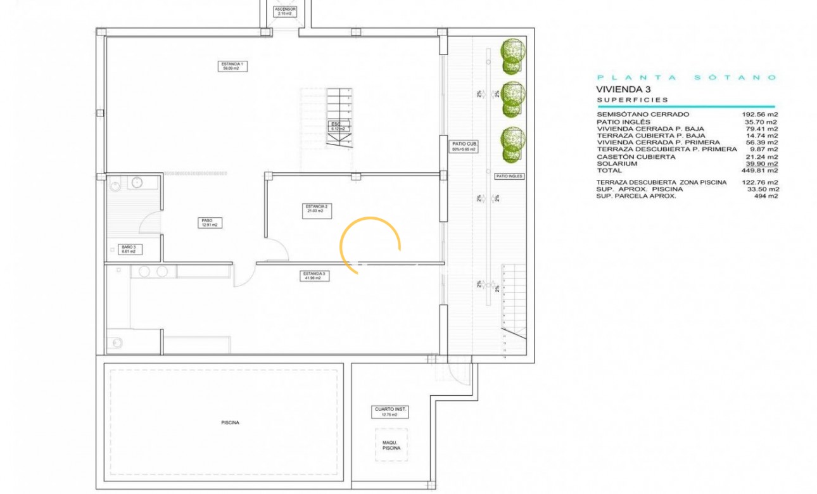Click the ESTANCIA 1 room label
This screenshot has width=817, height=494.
pos(233,66)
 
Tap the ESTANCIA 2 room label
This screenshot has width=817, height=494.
pos(317,209)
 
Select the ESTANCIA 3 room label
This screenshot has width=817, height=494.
pos(315,275)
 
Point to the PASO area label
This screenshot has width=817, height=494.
pos(210,223)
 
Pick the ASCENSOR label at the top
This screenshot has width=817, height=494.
pos(285,11)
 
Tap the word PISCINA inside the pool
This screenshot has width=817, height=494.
pos(231,422)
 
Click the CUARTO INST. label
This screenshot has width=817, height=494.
pos(391,412)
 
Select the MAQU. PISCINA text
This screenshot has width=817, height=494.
pos(391,445)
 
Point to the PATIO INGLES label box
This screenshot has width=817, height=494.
pos(509,176)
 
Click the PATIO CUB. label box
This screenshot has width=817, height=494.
pos(464,146)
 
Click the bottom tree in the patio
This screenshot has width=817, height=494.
pos(512,145)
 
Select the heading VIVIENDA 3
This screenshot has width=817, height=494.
pos(623,89)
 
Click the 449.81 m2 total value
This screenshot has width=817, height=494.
pos(760,170)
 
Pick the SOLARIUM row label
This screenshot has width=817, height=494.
pos(617,163)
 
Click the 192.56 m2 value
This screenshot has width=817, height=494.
pos(760,115)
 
